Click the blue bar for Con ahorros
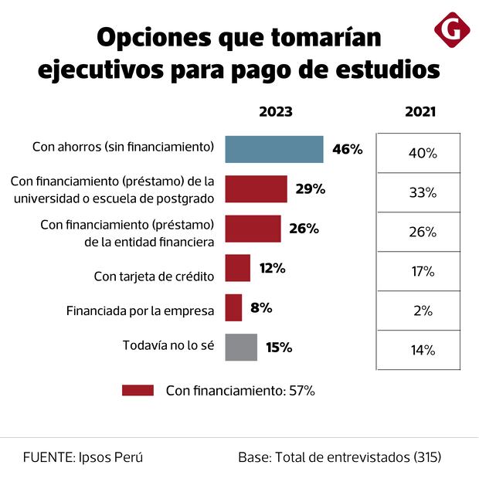pos(273,149)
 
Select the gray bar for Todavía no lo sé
pos(241,348)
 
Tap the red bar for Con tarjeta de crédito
pos(237,268)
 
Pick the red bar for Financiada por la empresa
pos(233,307)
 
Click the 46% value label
pos(347,149)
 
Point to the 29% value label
pos(310,189)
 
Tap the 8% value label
pos(261,307)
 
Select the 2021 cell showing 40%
pos(422,153)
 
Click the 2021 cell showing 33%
pos(422,193)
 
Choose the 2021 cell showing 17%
pos(422,272)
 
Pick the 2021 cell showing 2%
pos(422,311)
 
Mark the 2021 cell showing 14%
pos(422,351)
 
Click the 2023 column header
pos(275,111)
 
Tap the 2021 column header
pos(420,111)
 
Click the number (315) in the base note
pos(426,456)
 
